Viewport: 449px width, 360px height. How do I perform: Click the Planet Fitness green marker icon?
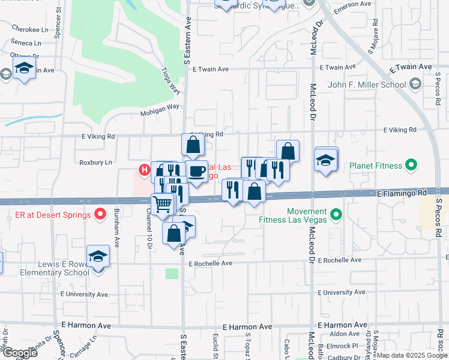coord(411,164)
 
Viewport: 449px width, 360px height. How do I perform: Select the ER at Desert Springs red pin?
coord(101,214)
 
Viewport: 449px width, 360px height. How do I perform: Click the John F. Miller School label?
coord(367,85)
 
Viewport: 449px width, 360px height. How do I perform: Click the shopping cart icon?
coord(162,205)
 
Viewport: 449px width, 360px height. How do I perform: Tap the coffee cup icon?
coord(196,172)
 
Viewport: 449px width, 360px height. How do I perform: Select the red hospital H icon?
coord(144,170)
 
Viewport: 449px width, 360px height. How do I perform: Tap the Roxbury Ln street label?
coord(96,162)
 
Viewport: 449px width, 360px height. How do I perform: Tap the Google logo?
coord(20,352)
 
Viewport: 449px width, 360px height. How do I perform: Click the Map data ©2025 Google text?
coord(412,355)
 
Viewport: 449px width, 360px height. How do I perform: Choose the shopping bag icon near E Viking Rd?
coord(193,145)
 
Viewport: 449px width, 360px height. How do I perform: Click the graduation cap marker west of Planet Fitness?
coord(325,160)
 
